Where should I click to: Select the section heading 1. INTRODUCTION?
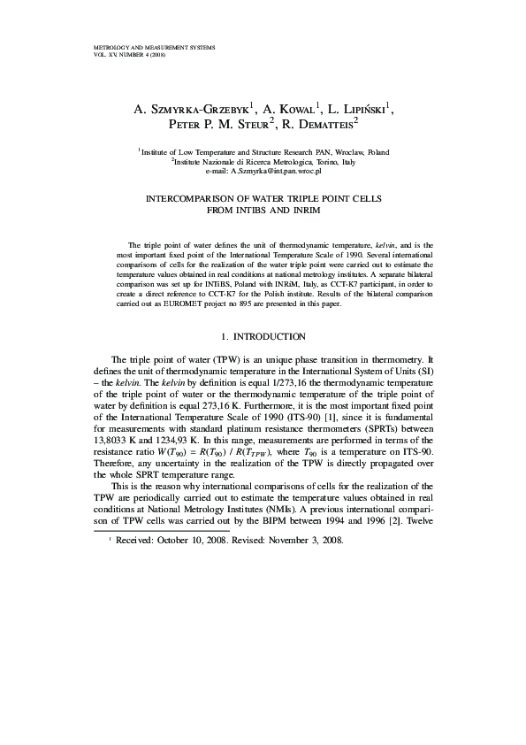tap(263, 336)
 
